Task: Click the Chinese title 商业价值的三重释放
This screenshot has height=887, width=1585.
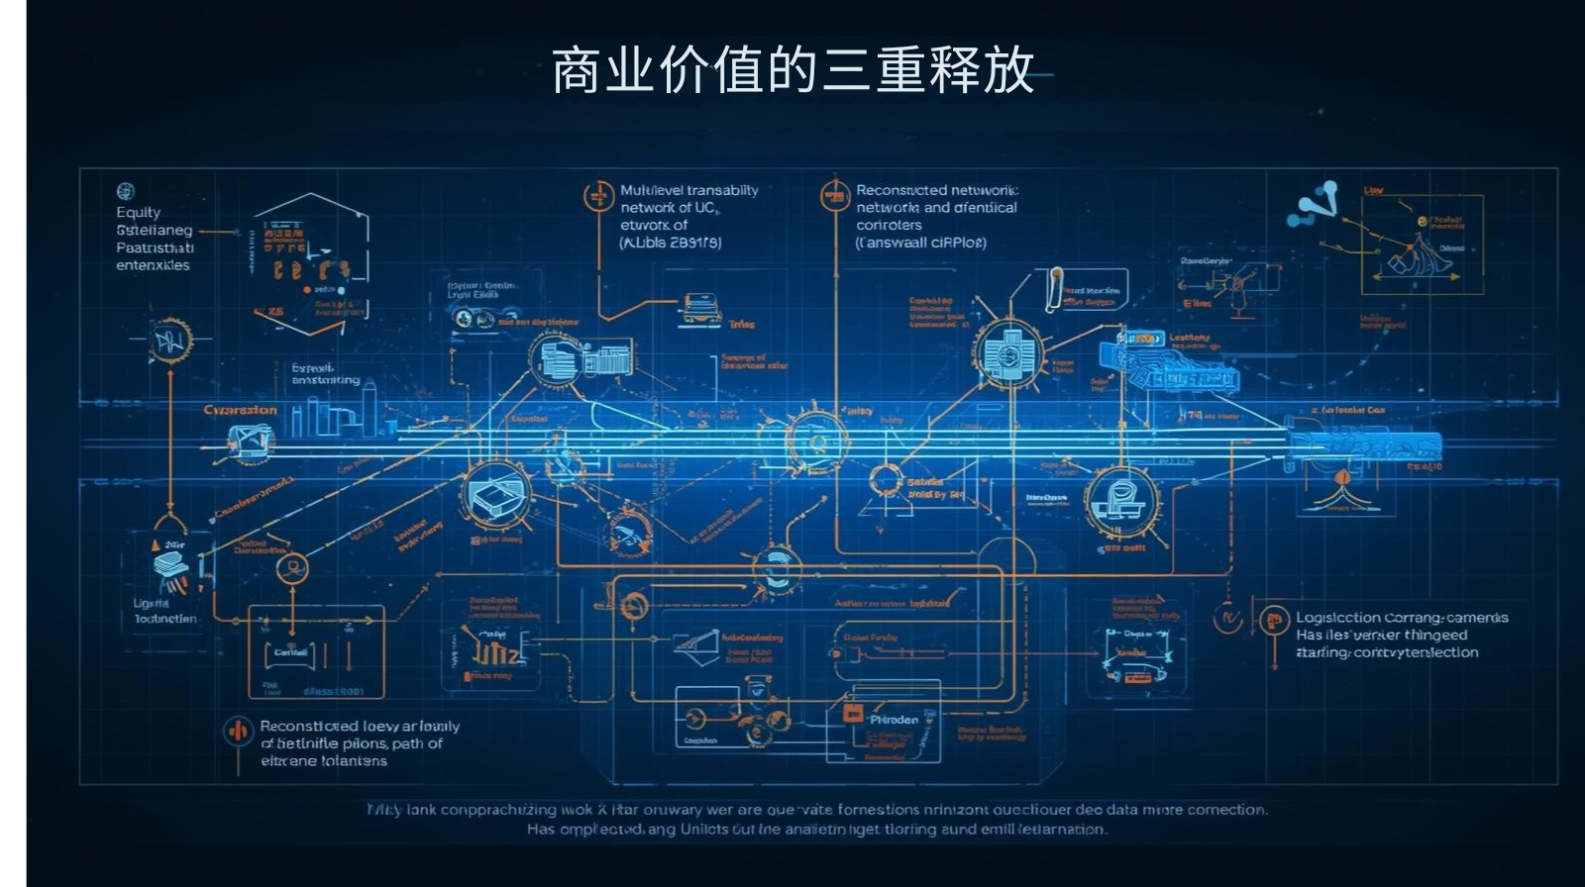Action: click(x=792, y=71)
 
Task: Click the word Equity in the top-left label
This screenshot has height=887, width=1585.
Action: click(x=138, y=212)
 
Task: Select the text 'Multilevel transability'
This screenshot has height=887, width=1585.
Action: click(x=688, y=190)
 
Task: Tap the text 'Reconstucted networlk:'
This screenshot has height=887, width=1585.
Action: click(x=936, y=190)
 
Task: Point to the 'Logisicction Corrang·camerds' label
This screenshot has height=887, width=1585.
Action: click(x=1401, y=618)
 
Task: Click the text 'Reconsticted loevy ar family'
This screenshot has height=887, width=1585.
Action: click(x=359, y=726)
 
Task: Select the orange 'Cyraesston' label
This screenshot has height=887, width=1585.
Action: click(x=240, y=410)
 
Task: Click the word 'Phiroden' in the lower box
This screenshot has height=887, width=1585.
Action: click(x=894, y=720)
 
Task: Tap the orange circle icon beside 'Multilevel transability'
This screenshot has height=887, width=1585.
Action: click(x=598, y=196)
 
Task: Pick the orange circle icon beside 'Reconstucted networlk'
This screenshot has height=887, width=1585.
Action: click(x=835, y=195)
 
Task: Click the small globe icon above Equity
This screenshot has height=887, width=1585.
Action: click(x=125, y=191)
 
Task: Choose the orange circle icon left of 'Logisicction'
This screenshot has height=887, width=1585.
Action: click(x=1273, y=620)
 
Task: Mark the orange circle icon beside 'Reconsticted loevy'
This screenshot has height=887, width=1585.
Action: click(x=238, y=732)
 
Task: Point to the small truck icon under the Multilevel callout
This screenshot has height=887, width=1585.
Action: click(x=700, y=308)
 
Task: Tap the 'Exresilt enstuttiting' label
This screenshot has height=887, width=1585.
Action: click(x=325, y=373)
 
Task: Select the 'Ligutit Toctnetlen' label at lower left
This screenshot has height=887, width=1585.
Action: click(x=164, y=611)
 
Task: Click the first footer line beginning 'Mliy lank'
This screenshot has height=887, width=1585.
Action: click(x=816, y=810)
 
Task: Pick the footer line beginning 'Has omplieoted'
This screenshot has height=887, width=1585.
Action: click(x=816, y=830)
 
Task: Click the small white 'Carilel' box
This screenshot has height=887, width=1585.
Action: click(x=290, y=652)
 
